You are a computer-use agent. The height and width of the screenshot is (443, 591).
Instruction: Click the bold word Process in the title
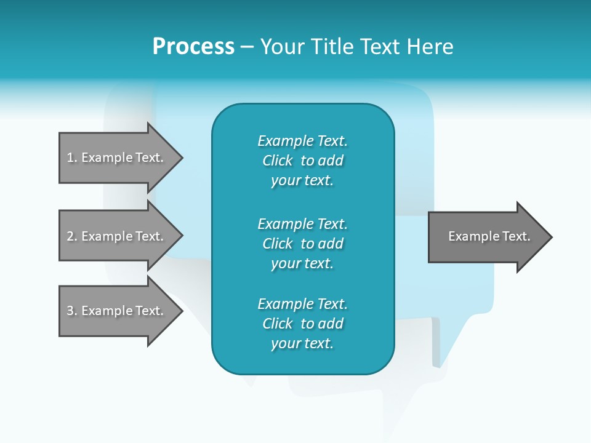(x=193, y=47)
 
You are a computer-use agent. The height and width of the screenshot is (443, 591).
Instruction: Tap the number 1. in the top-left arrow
(x=72, y=158)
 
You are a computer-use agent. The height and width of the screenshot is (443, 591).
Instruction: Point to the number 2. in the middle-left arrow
(x=72, y=236)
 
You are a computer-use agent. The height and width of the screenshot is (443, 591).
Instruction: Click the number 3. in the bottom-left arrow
(x=72, y=311)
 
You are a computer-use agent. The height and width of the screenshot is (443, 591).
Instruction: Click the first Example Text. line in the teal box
(x=302, y=141)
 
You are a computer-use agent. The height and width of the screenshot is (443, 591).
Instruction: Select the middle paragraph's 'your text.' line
(x=302, y=263)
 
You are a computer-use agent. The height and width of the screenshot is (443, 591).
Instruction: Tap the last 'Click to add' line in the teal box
(x=302, y=324)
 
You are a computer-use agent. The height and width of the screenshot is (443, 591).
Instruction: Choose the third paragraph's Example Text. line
(x=302, y=304)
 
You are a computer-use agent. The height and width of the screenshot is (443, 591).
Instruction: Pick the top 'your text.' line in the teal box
(x=302, y=181)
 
